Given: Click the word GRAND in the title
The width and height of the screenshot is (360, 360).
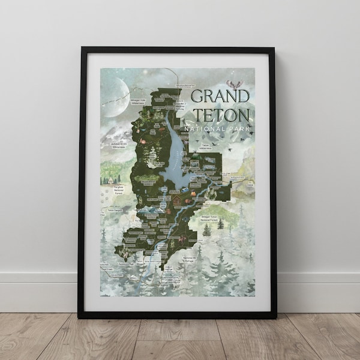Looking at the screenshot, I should [x=220, y=96].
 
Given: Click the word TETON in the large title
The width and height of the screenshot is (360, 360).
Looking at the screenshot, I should [x=220, y=116].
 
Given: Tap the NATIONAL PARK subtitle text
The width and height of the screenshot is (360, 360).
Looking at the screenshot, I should [x=220, y=129].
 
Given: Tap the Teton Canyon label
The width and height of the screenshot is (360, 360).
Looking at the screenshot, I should [x=114, y=210].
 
